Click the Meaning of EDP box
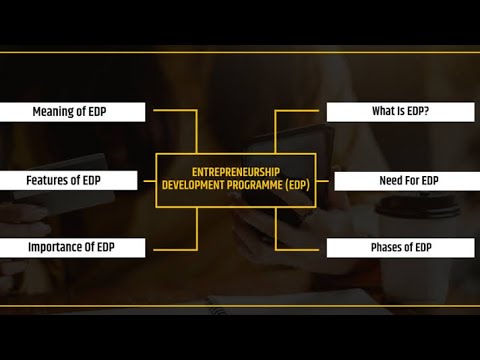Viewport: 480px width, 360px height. tap(72, 112)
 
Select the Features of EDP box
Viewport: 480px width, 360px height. tap(72, 181)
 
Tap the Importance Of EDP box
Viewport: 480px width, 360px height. tap(72, 247)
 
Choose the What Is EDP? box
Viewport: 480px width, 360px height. tap(400, 112)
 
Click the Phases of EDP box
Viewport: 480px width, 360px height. tap(400, 247)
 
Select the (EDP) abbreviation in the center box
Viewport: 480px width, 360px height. tap(297, 186)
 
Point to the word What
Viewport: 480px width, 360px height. tap(384, 112)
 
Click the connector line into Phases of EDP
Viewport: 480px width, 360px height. tap(300, 247)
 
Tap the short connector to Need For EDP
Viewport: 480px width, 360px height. tap(324, 181)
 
